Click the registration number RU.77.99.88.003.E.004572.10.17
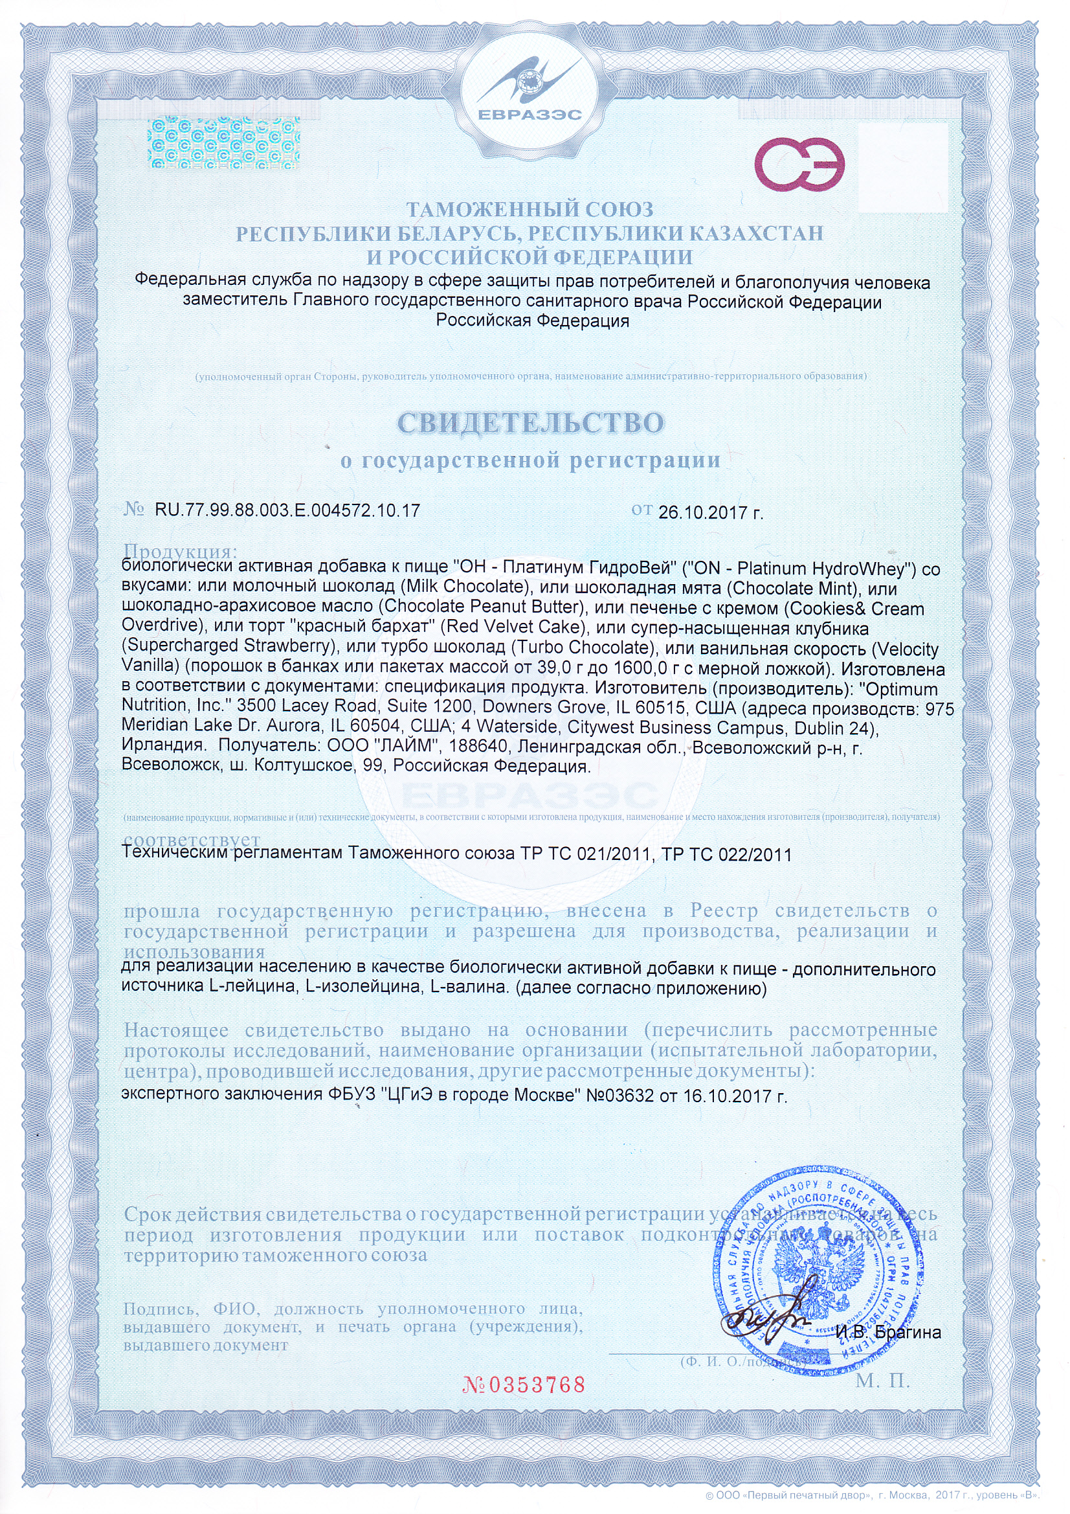click(x=287, y=510)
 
